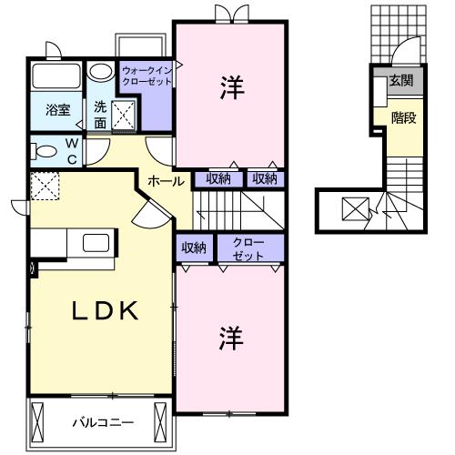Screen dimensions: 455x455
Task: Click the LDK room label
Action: coord(105,311)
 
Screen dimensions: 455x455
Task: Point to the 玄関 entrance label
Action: coord(400,81)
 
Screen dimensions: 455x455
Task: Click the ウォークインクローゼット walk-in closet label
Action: coord(146,73)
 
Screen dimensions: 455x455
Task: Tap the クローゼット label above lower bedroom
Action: coord(248,248)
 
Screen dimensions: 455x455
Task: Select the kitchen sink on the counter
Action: coord(95,242)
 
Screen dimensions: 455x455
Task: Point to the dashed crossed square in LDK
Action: coord(44,187)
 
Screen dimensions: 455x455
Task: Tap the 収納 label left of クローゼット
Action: coord(193,248)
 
